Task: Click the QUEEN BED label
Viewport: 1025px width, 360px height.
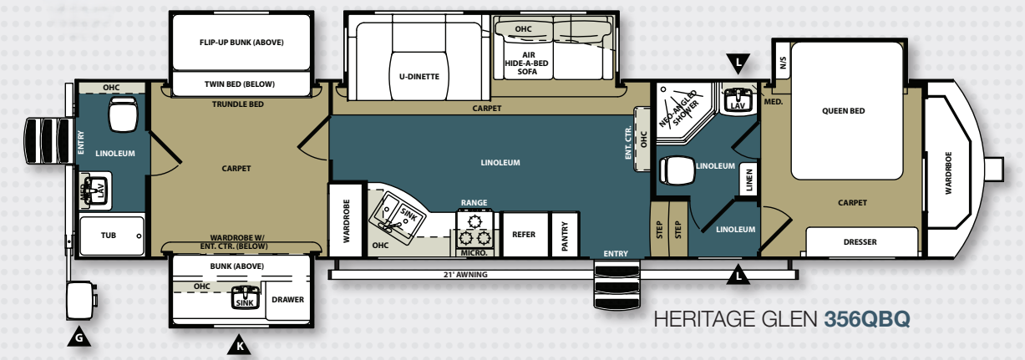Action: [x=844, y=111]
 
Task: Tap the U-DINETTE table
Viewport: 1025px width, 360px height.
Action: [x=419, y=75]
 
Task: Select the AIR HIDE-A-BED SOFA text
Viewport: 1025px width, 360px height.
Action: [x=526, y=63]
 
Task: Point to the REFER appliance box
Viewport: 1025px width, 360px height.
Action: [x=525, y=234]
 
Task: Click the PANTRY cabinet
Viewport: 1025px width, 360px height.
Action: [x=565, y=234]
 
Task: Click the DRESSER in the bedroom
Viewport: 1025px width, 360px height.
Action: [x=861, y=241]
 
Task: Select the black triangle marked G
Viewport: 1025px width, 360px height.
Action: [x=79, y=337]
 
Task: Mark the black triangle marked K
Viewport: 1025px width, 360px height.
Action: [x=239, y=345]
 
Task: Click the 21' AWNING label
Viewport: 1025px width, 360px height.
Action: [x=465, y=275]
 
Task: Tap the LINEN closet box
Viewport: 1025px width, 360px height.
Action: [x=748, y=179]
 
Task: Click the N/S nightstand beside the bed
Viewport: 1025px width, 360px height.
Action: [x=782, y=63]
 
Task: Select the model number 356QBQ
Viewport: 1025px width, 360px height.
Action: [x=867, y=319]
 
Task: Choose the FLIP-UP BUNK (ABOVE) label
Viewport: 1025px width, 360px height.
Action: [x=241, y=43]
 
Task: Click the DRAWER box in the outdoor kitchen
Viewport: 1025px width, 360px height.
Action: [x=287, y=300]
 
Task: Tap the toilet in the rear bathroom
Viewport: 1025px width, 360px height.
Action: [x=123, y=114]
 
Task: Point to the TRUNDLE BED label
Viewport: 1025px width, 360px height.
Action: [x=237, y=104]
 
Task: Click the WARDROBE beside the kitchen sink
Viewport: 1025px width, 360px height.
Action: [x=347, y=220]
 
